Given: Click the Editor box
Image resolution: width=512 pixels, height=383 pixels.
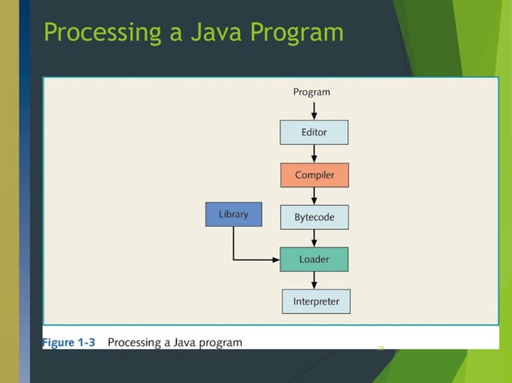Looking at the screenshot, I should coord(314,132).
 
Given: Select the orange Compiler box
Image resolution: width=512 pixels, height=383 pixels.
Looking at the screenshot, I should coord(315,175).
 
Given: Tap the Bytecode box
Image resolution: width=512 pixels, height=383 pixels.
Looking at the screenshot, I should coord(315,217).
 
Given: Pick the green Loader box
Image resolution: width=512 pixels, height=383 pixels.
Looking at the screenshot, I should coord(315,260).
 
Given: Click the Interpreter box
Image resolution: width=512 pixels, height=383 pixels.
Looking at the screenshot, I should coord(316,302).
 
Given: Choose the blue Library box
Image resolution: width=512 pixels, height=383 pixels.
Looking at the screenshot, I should coord(234,214).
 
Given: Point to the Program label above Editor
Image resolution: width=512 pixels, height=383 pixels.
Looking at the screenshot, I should coord(311,92).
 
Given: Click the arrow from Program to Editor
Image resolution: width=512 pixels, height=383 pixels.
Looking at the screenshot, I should coord(314,110).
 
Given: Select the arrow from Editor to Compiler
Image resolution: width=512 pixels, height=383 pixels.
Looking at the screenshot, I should coord(314,153).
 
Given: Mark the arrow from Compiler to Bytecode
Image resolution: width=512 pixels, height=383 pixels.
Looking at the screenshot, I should coord(314,196).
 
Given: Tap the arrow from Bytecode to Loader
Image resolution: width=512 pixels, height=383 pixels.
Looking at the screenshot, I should coord(314,238).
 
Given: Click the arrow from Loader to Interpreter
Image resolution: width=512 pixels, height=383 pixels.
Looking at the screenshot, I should coord(314,280).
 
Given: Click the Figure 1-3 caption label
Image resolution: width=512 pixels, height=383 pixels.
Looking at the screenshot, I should coord(69,343).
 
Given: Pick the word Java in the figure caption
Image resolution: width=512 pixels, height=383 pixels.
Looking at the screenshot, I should coord(182,343).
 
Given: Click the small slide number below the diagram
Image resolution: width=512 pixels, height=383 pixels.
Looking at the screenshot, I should coord(381,347).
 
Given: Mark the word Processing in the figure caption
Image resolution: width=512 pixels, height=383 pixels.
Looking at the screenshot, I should coord(135,343).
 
